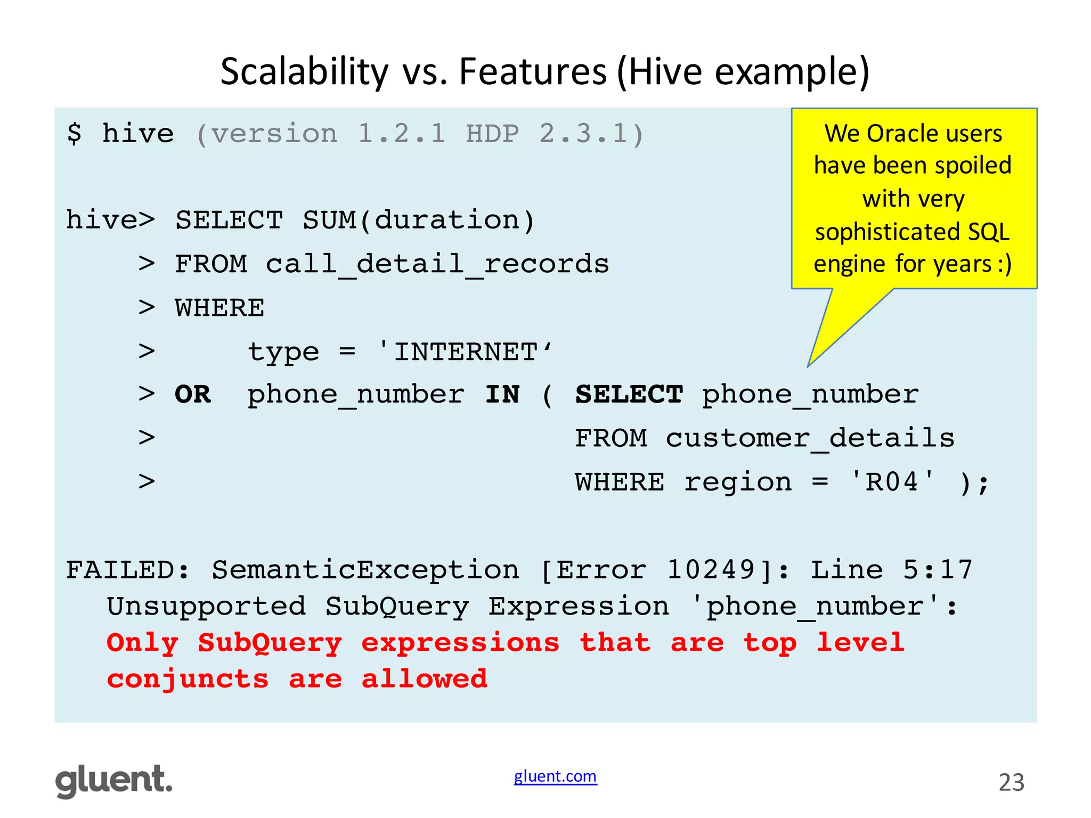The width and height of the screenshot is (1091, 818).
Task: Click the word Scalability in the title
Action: tap(304, 72)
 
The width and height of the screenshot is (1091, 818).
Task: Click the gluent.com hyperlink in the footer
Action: tap(555, 776)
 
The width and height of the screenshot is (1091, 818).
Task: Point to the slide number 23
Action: tap(1011, 782)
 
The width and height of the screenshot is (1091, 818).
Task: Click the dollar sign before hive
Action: tap(75, 133)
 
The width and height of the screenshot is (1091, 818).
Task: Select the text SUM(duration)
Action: tap(419, 220)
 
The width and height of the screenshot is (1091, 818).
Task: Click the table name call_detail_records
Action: tap(437, 264)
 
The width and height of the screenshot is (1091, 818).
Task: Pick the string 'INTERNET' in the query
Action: tap(465, 352)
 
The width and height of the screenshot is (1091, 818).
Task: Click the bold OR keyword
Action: tap(193, 395)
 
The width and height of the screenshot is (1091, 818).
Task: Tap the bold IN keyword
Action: tap(502, 395)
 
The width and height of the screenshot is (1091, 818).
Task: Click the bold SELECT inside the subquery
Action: tap(629, 395)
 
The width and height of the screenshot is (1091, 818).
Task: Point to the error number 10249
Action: tap(711, 570)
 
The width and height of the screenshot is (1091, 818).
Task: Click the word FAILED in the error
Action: tap(120, 570)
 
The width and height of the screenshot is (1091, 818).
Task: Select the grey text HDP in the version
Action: tap(492, 133)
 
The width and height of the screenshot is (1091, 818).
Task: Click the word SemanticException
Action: tap(365, 570)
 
